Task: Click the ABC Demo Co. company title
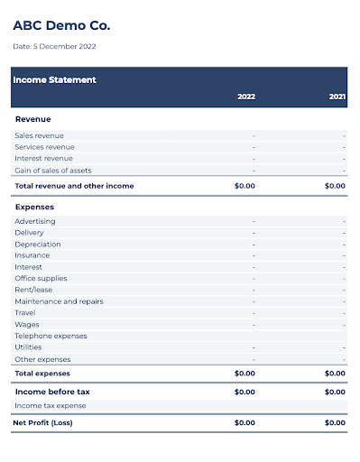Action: (61, 25)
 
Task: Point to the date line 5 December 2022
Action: (54, 46)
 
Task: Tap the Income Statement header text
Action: (54, 79)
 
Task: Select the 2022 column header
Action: (245, 96)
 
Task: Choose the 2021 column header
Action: (337, 96)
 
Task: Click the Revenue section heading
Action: (33, 118)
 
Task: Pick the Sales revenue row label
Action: (39, 135)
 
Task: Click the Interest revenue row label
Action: (43, 159)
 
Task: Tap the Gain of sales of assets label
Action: (52, 171)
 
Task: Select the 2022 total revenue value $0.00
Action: (245, 186)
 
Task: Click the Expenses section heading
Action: (35, 207)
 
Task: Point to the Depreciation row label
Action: (38, 244)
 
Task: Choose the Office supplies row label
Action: (41, 279)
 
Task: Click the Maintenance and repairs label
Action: (59, 301)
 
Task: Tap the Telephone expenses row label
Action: (51, 336)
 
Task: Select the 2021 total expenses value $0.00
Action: (335, 373)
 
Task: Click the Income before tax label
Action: (52, 392)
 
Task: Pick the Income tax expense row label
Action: (51, 406)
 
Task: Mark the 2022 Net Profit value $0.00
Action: (245, 422)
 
